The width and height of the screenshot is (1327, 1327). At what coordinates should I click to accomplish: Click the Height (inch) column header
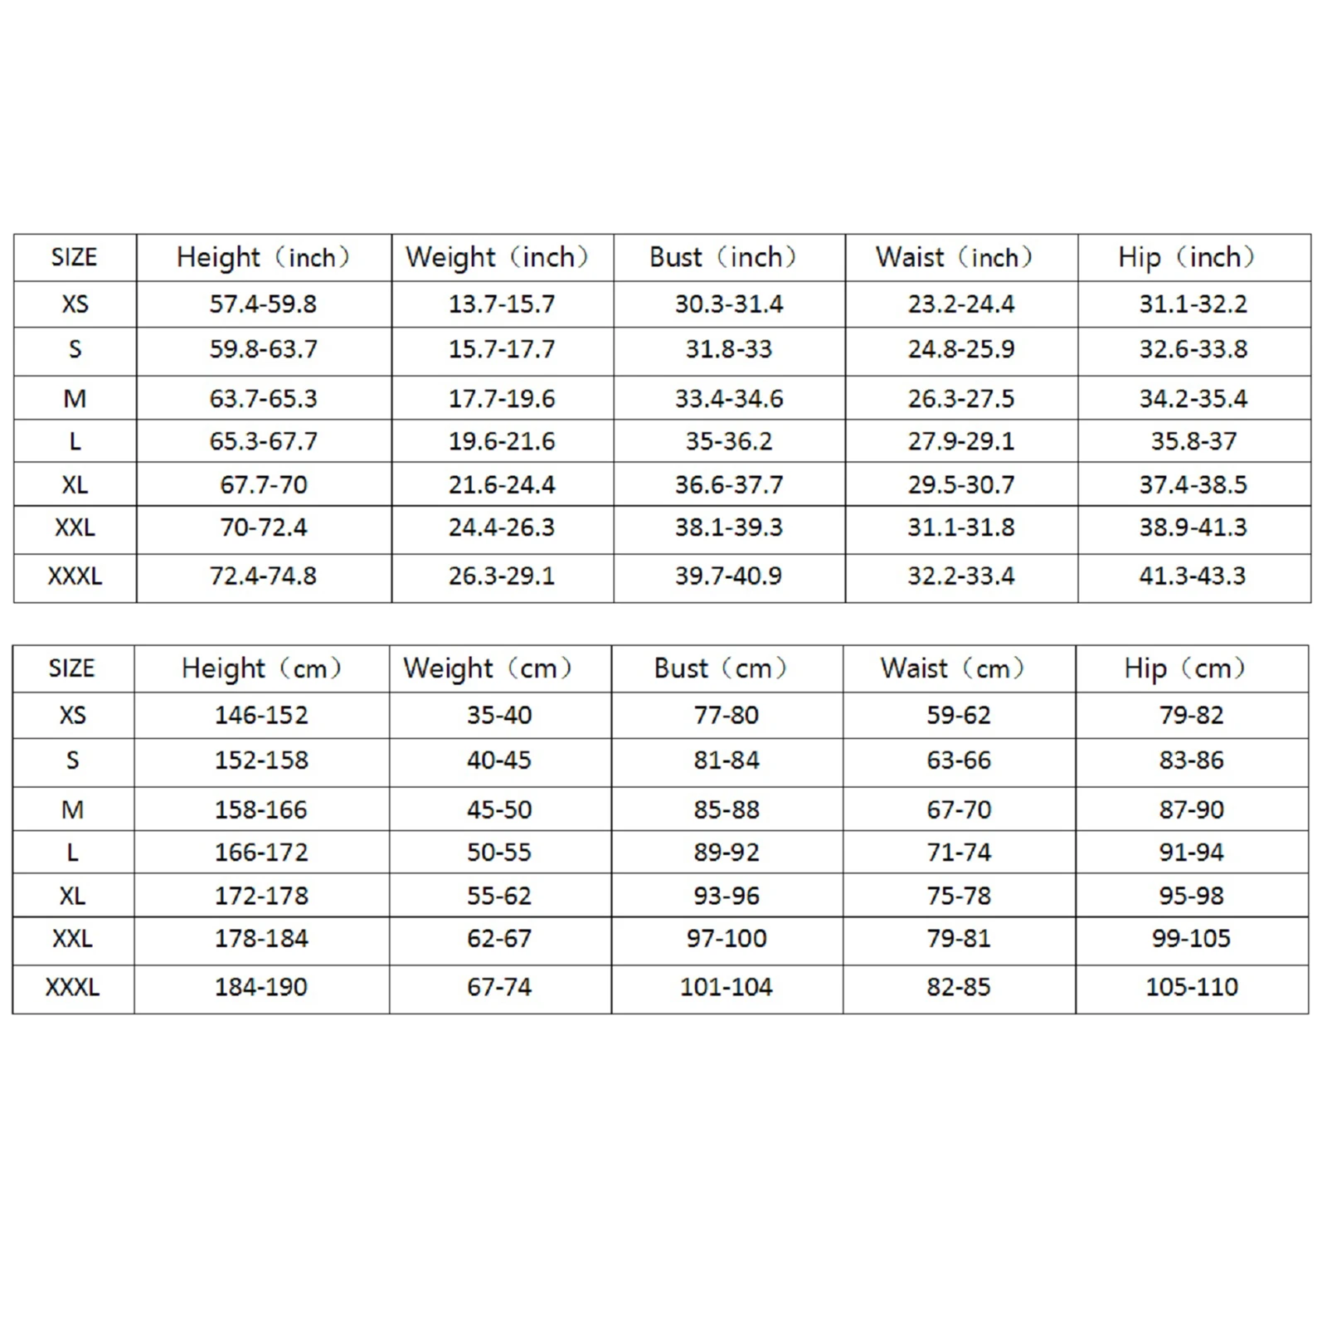263,257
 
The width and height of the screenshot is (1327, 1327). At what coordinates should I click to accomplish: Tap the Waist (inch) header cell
954,257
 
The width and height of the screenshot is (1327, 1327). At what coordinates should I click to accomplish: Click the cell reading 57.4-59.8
263,304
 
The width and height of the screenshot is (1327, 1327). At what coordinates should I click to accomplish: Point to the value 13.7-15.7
502,304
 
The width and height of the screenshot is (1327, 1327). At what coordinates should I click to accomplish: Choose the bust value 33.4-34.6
728,399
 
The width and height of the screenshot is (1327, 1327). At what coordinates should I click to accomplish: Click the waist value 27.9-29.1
960,441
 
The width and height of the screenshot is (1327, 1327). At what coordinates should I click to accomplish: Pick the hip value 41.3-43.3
1192,576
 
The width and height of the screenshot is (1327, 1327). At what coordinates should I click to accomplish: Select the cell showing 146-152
261,715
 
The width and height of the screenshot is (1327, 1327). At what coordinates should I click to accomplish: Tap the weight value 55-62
499,896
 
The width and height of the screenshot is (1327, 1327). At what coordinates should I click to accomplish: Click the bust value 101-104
726,987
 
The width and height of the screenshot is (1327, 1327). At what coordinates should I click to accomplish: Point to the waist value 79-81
959,939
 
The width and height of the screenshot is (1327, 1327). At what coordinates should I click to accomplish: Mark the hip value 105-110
1192,987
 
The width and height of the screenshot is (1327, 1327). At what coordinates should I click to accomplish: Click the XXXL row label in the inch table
75,576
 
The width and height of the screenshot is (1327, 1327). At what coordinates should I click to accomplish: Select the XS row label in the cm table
72,715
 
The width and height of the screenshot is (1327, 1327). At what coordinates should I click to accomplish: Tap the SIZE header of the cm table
72,668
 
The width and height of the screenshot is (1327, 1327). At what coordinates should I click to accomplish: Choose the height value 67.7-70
263,484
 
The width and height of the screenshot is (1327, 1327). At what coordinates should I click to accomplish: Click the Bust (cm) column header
720,668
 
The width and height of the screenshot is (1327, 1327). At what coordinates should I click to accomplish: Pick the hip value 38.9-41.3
1192,527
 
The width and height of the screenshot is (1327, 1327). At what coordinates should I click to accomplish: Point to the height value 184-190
261,987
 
